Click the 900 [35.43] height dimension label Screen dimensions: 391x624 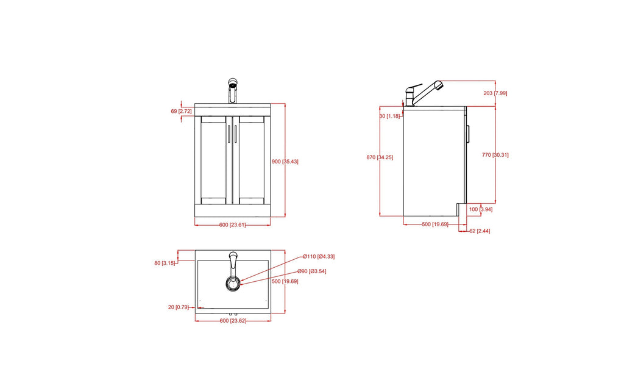pos(285,162)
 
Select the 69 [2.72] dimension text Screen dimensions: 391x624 pos(181,112)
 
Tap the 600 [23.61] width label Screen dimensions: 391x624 pos(232,225)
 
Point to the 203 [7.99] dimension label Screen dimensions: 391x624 pos(495,93)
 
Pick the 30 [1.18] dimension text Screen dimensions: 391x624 pos(389,116)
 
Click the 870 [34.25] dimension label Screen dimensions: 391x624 pos(380,157)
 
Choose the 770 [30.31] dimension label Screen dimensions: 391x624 pos(495,155)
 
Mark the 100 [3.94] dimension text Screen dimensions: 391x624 pos(481,209)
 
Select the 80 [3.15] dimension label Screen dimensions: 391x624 pos(165,263)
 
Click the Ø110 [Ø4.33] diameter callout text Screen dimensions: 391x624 pos(318,256)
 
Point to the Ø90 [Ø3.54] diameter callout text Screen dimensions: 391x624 pos(312,271)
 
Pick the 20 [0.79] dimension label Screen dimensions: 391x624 pos(179,307)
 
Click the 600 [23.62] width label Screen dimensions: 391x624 pos(232,320)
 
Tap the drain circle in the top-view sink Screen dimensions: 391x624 pos(233,282)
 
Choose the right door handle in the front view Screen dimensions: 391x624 pos(235,134)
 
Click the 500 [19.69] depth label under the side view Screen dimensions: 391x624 pos(436,224)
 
